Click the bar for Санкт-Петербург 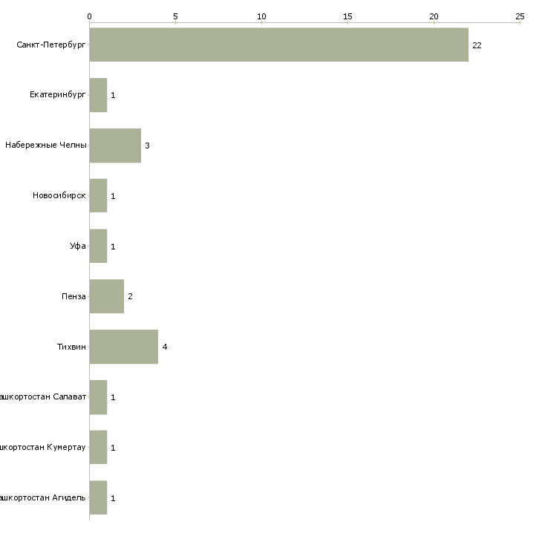[278, 45]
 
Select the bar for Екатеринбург [98, 95]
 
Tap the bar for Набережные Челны [115, 146]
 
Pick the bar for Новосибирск [98, 196]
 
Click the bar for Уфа [98, 246]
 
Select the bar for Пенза [106, 296]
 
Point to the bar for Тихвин [123, 347]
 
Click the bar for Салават [98, 397]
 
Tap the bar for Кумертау [98, 448]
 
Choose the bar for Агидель [98, 497]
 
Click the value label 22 [477, 45]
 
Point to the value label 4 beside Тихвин [165, 347]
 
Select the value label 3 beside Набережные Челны [147, 146]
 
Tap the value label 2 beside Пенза [130, 297]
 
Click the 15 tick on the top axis [347, 16]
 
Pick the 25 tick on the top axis [520, 16]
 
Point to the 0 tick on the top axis [89, 16]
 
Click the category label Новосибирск [59, 196]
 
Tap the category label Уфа [78, 246]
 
